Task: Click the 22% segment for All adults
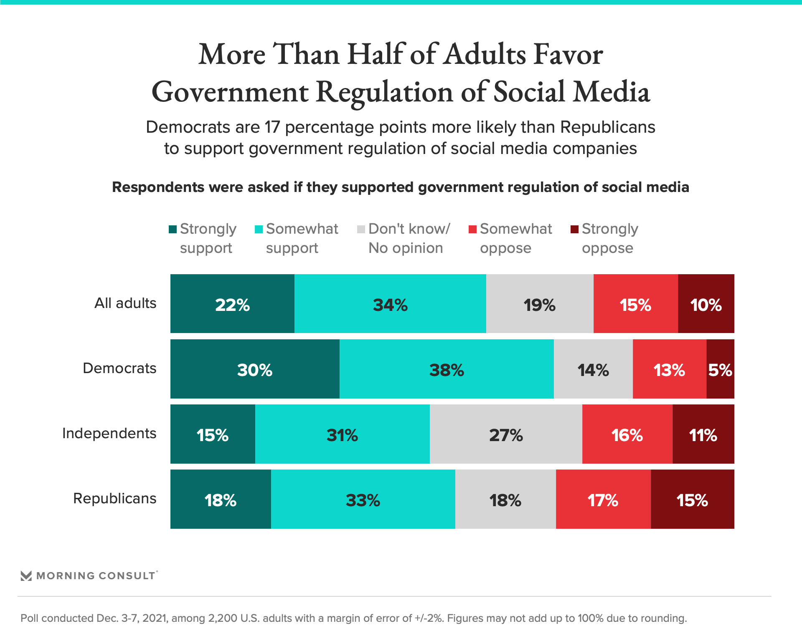tap(232, 304)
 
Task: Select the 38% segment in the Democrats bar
tap(447, 369)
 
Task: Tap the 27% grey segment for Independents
tap(506, 434)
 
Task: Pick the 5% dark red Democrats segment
tap(720, 369)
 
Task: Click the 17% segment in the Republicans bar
tap(603, 499)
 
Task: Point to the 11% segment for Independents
tap(703, 434)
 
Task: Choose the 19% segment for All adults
tap(540, 304)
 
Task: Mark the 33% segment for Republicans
tap(363, 499)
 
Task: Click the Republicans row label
tap(115, 498)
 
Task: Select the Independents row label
tap(109, 433)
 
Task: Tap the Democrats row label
tap(119, 368)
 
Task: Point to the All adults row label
tap(125, 303)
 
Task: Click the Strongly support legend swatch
tap(173, 229)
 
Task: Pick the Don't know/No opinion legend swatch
tap(361, 229)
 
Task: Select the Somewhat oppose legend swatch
tap(473, 229)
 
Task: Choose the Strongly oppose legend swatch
tap(575, 229)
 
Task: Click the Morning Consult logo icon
tap(26, 576)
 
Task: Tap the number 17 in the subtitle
tap(272, 127)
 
